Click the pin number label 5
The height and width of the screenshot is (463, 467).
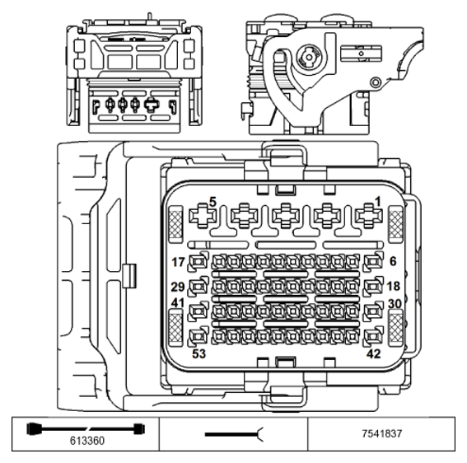tap(212, 200)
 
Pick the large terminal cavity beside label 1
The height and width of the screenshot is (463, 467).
tap(363, 217)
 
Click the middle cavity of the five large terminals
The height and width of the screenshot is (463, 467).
tap(283, 217)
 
